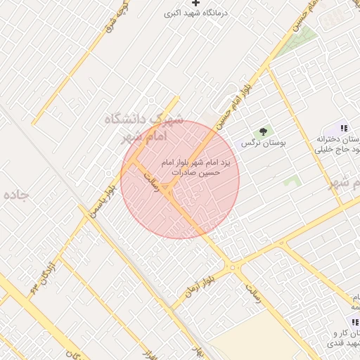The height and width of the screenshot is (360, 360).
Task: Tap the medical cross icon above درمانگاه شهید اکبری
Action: pos(205,3)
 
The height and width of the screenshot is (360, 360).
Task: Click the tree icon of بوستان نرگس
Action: pos(264,131)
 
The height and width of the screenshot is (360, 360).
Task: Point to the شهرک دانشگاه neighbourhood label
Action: pos(143,119)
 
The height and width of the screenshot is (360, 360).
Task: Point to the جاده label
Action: pos(14,195)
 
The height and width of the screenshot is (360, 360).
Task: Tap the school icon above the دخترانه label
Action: pos(343,129)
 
